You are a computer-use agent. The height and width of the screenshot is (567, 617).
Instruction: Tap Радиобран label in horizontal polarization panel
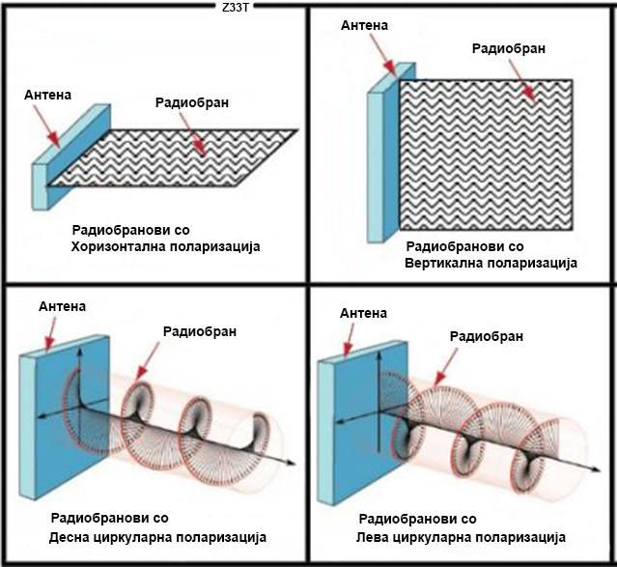coord(192,102)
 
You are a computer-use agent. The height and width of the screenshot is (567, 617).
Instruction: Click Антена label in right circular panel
coord(63,306)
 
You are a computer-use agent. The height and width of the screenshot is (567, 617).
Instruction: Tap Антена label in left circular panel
coord(364,313)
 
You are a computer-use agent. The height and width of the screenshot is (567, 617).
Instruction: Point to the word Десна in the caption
coord(70,537)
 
